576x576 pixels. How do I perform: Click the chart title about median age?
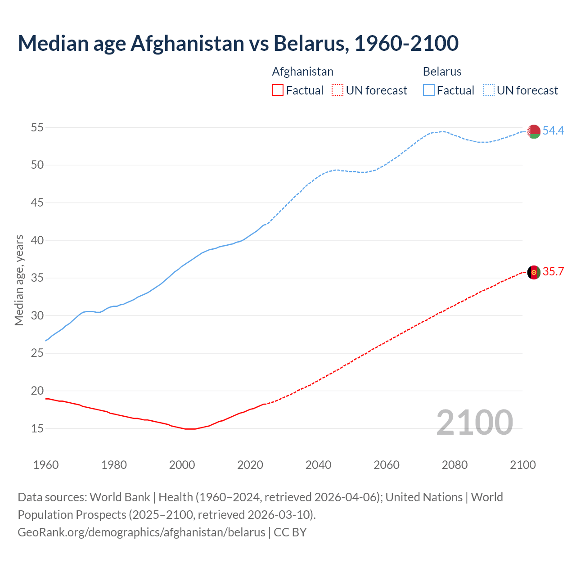click(x=238, y=43)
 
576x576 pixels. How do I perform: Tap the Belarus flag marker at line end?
click(x=534, y=131)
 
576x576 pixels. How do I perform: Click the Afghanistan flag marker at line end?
click(x=534, y=272)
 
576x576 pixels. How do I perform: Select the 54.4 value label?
click(x=553, y=131)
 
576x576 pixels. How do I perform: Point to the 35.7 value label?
click(x=553, y=272)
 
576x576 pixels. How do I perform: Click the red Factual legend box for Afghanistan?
click(x=278, y=90)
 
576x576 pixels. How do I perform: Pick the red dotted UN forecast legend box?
click(x=337, y=90)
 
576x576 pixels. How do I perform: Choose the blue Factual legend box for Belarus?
click(x=429, y=90)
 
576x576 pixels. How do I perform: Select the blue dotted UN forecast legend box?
click(x=489, y=90)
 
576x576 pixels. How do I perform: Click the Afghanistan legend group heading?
click(x=302, y=72)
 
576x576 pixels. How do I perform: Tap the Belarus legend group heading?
click(x=442, y=72)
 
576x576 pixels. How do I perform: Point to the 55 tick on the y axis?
click(x=37, y=128)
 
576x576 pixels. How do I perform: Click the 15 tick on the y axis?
click(x=37, y=428)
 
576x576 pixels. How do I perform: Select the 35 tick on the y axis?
click(x=37, y=278)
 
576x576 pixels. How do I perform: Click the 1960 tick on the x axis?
click(x=46, y=465)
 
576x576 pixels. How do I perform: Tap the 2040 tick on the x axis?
click(x=318, y=465)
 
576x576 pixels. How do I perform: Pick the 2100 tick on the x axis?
click(x=523, y=465)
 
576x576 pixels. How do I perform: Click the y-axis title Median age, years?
click(x=19, y=280)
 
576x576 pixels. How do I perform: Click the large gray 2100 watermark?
click(x=474, y=423)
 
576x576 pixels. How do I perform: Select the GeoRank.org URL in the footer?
click(x=141, y=532)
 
